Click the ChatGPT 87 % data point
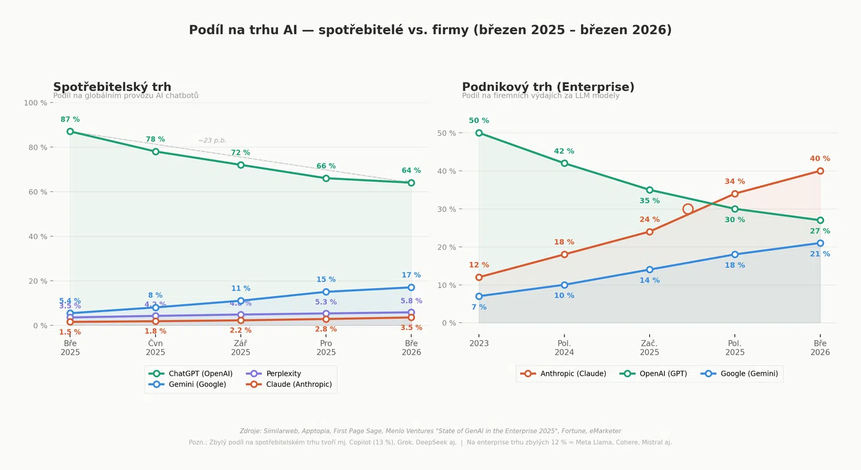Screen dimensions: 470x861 pyautogui.click(x=70, y=132)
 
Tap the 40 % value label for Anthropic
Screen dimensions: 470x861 pyautogui.click(x=820, y=159)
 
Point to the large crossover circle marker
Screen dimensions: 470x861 pyautogui.click(x=688, y=209)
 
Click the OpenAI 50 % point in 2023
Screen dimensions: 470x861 pyautogui.click(x=479, y=133)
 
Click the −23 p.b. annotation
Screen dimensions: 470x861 pyautogui.click(x=212, y=141)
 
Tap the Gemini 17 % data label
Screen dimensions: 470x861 pyautogui.click(x=411, y=276)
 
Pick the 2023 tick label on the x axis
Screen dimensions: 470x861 pyautogui.click(x=479, y=344)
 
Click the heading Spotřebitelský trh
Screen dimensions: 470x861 pyautogui.click(x=112, y=87)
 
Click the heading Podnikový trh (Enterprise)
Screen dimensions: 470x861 pyautogui.click(x=548, y=87)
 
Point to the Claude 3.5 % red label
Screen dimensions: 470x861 pyautogui.click(x=411, y=328)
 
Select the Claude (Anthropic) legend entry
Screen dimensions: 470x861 pyautogui.click(x=298, y=384)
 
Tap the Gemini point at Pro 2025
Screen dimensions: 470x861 pyautogui.click(x=326, y=292)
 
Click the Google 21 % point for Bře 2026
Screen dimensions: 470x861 pyautogui.click(x=820, y=243)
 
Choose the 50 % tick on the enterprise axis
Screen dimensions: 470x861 pyautogui.click(x=448, y=133)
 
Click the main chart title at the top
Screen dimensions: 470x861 pyautogui.click(x=430, y=30)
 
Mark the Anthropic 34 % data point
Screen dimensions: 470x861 pyautogui.click(x=735, y=194)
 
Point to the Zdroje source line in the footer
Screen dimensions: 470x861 pyautogui.click(x=430, y=431)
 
